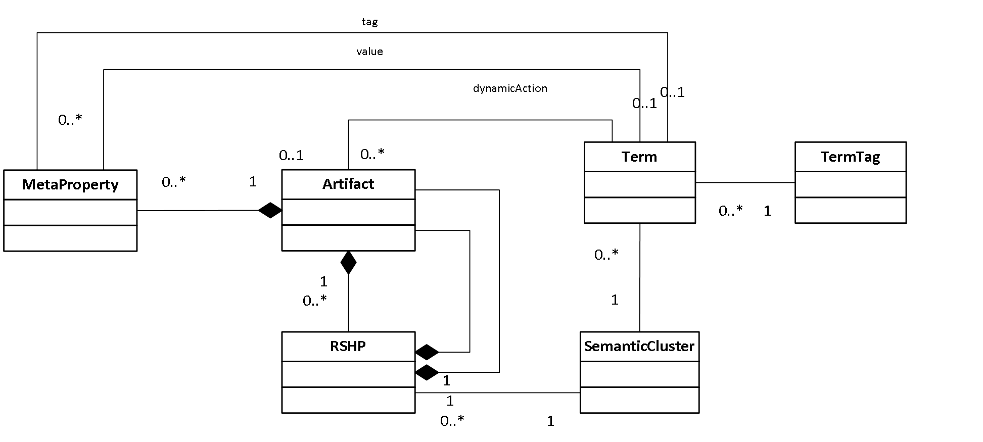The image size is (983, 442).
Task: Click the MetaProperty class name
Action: coord(70,185)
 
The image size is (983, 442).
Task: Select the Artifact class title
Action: coord(348,184)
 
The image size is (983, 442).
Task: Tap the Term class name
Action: coord(639,157)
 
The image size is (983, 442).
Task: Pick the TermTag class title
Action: coord(850,157)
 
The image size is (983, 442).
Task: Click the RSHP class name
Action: coord(348,346)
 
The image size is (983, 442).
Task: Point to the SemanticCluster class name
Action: coord(639,346)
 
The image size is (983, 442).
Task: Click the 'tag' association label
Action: coord(369,22)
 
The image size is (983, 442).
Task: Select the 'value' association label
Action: coord(369,52)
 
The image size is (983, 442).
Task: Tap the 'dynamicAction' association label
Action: coord(510,88)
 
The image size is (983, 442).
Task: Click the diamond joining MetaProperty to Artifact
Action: coord(270,210)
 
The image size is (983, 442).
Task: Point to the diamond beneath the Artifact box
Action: coord(348,263)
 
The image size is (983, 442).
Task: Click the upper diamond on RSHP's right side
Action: coord(427,352)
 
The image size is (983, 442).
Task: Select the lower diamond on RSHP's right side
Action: coord(427,372)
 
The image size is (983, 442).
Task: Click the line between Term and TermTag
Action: coord(745,182)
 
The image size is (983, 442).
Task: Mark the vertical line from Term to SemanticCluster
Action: coord(640,277)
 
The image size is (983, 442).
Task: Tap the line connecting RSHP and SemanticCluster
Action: coord(497,392)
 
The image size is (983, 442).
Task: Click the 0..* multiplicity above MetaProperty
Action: coord(70,120)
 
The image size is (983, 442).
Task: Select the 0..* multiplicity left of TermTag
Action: coord(731,211)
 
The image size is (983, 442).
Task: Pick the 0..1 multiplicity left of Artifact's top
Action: coord(292,155)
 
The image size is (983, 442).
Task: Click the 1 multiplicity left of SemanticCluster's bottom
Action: coord(550,421)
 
